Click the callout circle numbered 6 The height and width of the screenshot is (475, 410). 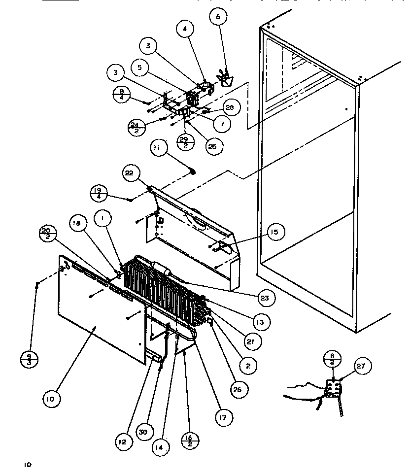coord(218,17)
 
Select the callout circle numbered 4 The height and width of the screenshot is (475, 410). coord(184,29)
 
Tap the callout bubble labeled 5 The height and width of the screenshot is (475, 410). coord(140,68)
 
